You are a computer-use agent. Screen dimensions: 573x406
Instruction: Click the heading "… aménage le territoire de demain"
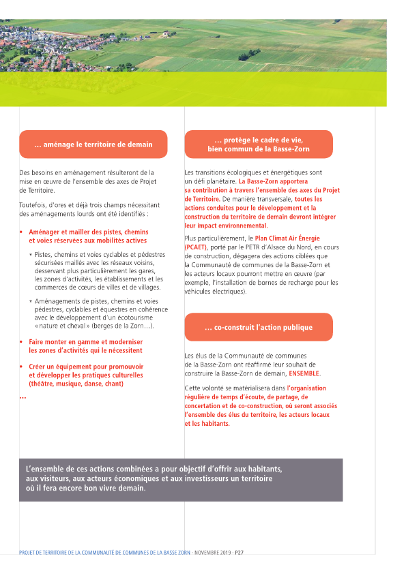tap(93, 144)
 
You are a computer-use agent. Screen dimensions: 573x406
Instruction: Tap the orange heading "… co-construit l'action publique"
tap(259, 328)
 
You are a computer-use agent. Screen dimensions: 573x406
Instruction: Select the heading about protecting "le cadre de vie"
tap(259, 144)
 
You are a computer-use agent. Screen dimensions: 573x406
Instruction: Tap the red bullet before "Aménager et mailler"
tap(20, 232)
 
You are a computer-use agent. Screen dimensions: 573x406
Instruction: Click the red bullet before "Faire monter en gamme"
tap(20, 342)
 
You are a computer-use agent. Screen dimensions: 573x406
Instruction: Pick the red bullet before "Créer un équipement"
tap(20, 367)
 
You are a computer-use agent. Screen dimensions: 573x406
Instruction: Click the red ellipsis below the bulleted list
tap(23, 395)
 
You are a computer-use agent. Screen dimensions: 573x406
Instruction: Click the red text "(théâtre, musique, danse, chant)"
tap(76, 384)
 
